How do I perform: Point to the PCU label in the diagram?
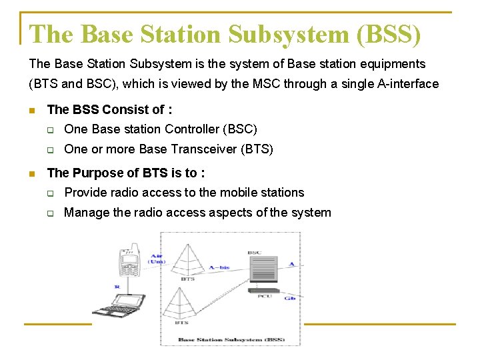[x=265, y=296]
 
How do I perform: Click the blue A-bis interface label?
[x=219, y=267]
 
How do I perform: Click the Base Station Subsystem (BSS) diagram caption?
[x=231, y=340]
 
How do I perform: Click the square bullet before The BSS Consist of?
[x=32, y=110]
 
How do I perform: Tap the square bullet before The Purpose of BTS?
[x=32, y=173]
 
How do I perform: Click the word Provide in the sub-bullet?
[x=85, y=193]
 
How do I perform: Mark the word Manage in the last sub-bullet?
[x=85, y=213]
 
